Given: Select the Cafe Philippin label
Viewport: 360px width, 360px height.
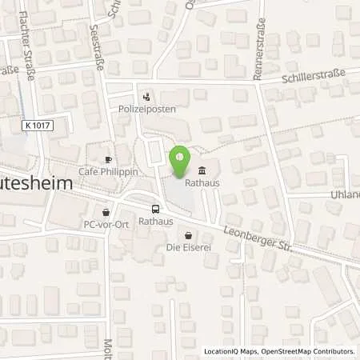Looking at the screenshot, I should coord(104,170).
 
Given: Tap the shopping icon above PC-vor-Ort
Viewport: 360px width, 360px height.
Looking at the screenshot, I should coord(105,212).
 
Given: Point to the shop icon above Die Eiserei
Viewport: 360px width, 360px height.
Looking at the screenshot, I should coord(188,235).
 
